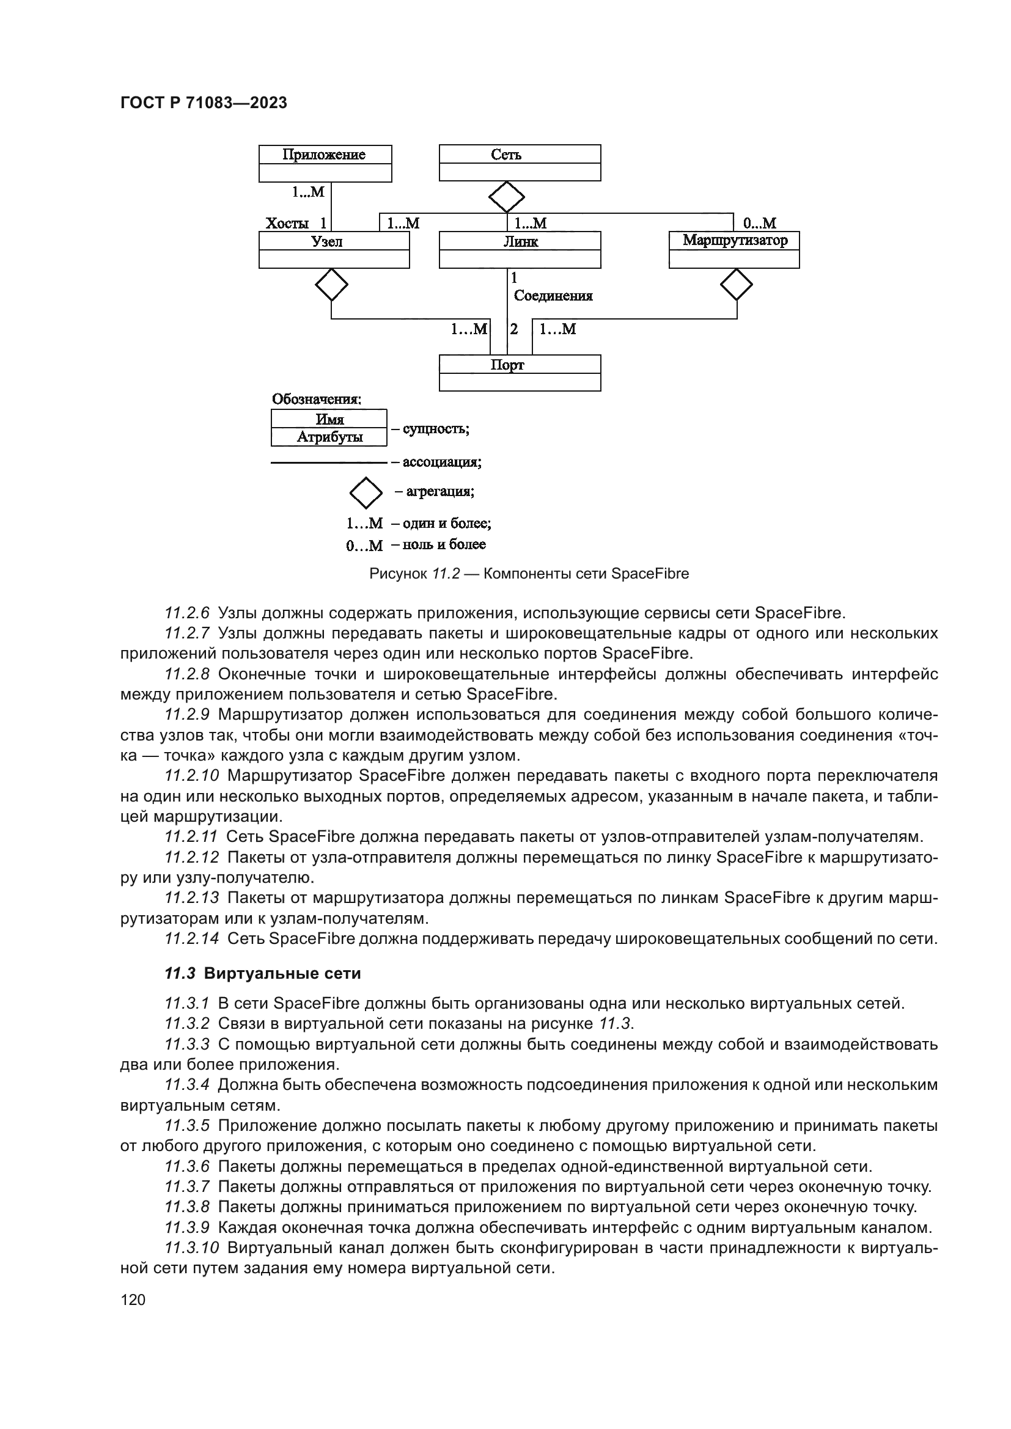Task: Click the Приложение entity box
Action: click(325, 164)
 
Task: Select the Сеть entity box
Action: click(520, 163)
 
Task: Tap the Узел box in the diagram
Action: click(334, 250)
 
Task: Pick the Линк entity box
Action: click(520, 250)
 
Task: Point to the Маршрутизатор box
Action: click(734, 250)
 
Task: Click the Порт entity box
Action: click(520, 373)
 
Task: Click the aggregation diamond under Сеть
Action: click(507, 197)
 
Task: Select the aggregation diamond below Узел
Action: click(331, 285)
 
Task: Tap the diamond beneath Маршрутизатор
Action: click(737, 285)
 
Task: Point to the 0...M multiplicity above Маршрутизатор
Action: click(760, 223)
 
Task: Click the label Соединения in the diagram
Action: click(553, 296)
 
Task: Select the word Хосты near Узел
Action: click(287, 224)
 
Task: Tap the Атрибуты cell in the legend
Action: click(329, 437)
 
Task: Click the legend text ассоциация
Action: click(442, 462)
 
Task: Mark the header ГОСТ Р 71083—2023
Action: click(204, 103)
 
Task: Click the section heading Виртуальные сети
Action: click(282, 973)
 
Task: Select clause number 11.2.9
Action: click(188, 715)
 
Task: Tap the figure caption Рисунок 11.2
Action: click(414, 574)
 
